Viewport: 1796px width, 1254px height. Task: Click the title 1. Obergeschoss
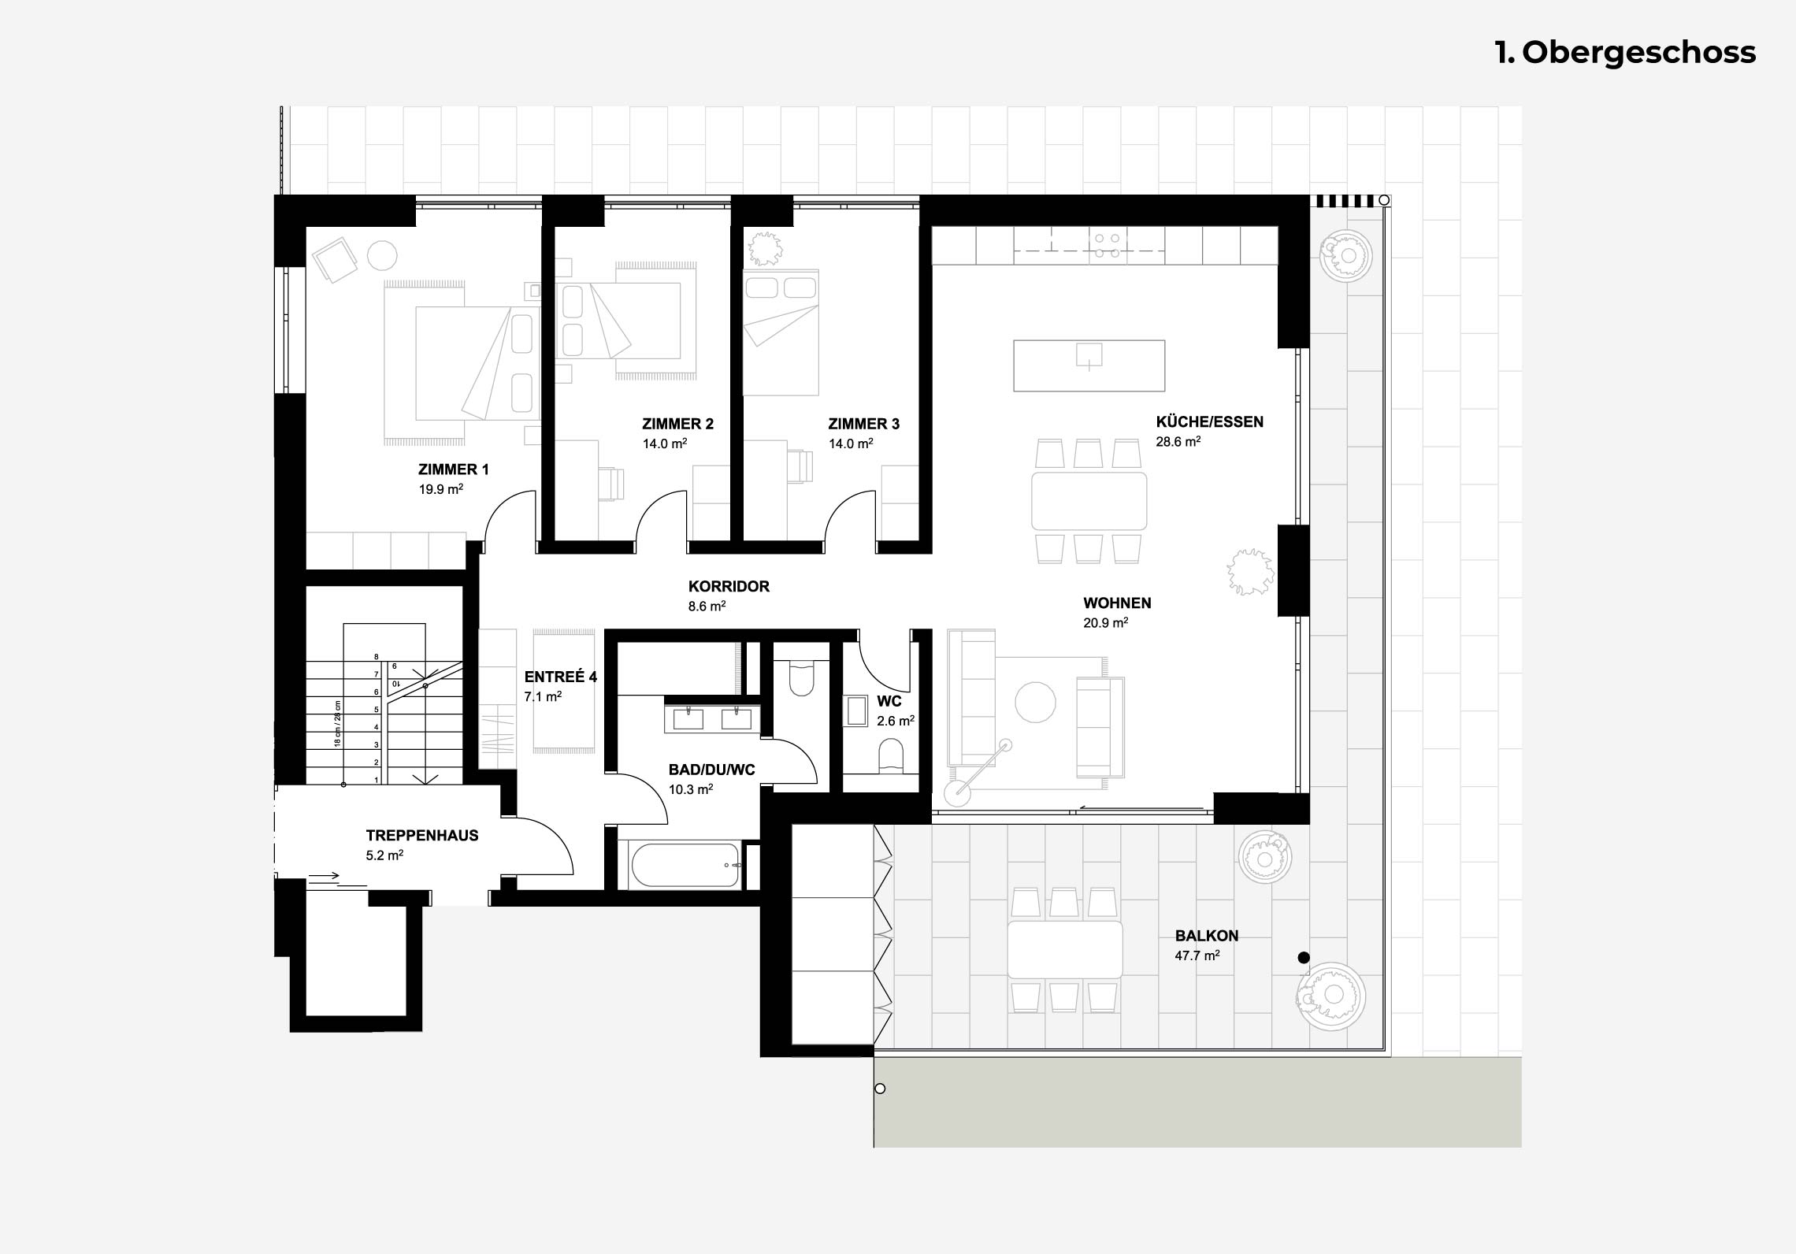click(x=1625, y=53)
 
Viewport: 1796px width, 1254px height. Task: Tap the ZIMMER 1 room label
click(x=453, y=469)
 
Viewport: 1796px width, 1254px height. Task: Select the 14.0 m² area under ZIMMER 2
click(x=665, y=443)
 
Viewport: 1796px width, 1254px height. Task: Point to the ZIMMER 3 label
click(x=863, y=424)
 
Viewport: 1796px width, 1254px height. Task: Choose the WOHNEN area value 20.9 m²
click(x=1106, y=622)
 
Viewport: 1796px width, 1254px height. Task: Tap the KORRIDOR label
click(x=729, y=586)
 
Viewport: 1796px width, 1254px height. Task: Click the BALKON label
click(x=1207, y=936)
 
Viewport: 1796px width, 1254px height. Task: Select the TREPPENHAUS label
click(x=422, y=835)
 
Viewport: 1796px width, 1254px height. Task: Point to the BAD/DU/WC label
click(x=711, y=770)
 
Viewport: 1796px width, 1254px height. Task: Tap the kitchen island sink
click(x=1089, y=356)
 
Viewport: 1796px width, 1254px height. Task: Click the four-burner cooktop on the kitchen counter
click(x=1106, y=245)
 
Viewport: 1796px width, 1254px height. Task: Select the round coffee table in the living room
click(x=1034, y=702)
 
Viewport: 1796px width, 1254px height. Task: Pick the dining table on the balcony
click(x=1066, y=949)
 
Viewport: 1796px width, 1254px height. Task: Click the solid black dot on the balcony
click(x=1303, y=958)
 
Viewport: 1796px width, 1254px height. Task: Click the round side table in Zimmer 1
click(x=382, y=256)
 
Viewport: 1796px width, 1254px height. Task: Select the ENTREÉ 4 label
click(x=561, y=677)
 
